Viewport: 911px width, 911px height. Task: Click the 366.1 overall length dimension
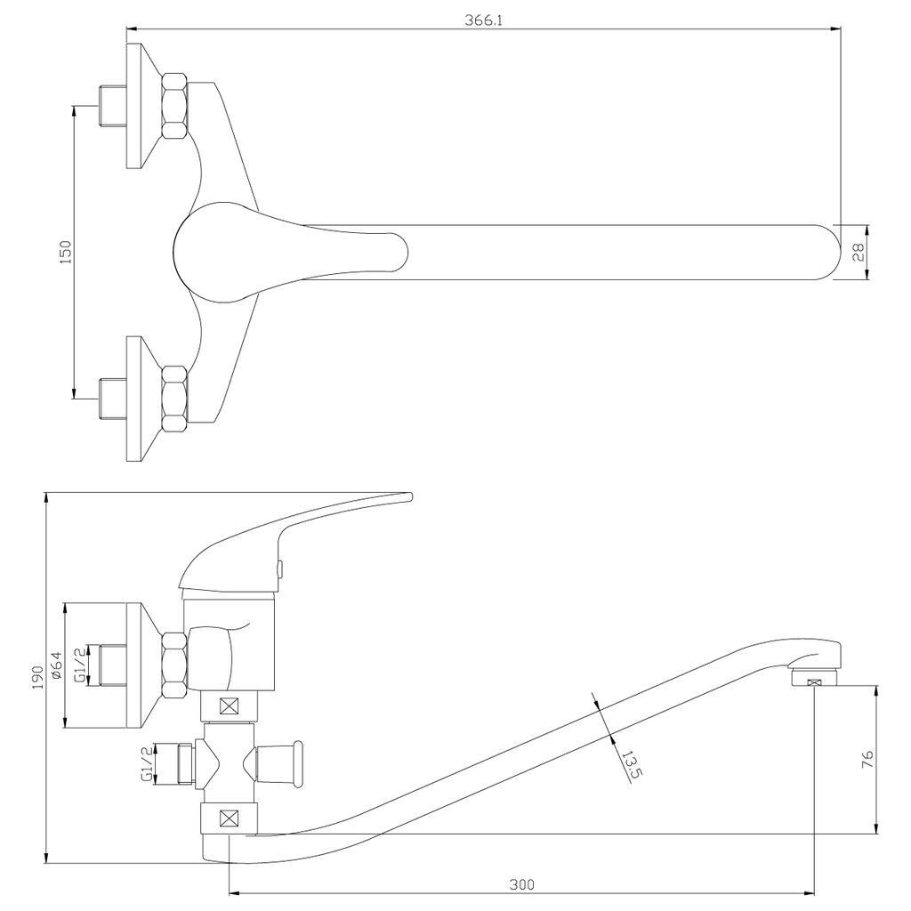click(x=483, y=20)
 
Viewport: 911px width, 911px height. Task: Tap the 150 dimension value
click(x=65, y=252)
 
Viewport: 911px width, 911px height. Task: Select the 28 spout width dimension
click(x=858, y=252)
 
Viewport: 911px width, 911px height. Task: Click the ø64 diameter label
click(x=56, y=665)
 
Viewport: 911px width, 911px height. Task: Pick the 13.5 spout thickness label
click(x=631, y=764)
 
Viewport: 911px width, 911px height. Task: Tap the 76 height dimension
click(x=868, y=759)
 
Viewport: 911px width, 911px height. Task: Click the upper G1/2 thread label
click(x=80, y=665)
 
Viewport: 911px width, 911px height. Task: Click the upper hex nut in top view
click(x=174, y=106)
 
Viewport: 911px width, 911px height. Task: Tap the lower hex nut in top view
click(x=174, y=397)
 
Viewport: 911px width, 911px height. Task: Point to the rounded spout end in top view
click(x=828, y=252)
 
